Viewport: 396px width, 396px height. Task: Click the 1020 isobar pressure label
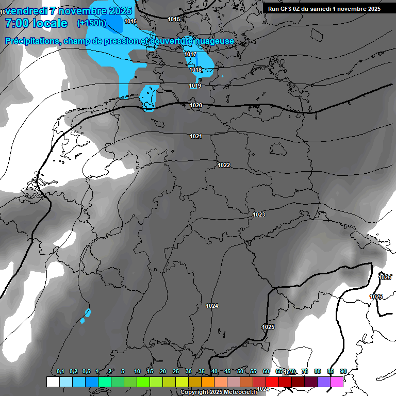point(196,105)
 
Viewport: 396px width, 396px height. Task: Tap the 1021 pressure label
point(195,136)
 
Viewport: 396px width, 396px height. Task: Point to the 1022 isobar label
point(224,165)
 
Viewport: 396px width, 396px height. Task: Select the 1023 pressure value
point(259,214)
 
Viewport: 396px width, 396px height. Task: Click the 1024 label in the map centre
point(212,306)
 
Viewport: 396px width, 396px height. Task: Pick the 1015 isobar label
point(174,19)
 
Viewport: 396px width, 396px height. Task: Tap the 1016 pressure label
point(130,21)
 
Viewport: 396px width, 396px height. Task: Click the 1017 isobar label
point(190,55)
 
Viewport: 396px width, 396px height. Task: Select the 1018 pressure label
point(195,70)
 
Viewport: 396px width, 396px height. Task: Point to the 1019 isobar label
point(195,86)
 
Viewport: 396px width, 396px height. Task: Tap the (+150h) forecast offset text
point(91,23)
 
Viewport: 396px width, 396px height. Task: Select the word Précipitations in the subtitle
point(30,41)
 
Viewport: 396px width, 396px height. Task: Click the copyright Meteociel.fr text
point(219,392)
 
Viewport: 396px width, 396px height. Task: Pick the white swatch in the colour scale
point(53,382)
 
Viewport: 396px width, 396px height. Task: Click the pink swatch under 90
point(337,382)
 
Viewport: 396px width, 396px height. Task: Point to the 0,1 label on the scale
point(60,372)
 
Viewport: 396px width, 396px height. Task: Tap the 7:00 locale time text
point(36,23)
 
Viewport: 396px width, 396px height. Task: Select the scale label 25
point(176,372)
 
